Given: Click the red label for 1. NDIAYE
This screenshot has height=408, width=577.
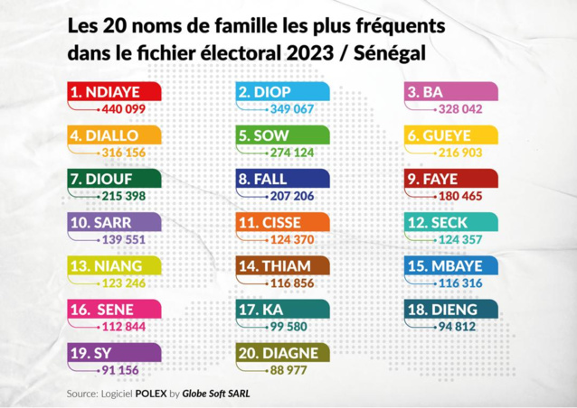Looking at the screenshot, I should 114,91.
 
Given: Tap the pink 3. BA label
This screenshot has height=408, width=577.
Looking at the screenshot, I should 450,91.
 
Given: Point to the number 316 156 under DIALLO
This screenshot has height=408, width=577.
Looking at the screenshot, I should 122,153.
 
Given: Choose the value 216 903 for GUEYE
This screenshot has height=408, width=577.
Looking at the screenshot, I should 459,153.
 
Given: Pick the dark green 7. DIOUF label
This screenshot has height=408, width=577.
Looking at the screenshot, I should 114,179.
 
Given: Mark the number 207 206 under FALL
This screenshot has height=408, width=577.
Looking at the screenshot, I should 290,196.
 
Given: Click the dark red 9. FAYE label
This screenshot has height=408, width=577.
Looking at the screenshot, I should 450,179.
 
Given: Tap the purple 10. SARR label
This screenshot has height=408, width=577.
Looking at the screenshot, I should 114,222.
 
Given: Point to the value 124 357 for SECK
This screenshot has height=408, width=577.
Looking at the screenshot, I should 459,239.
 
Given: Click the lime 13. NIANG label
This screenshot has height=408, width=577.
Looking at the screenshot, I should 114,266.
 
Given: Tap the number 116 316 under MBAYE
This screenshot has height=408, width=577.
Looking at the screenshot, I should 459,283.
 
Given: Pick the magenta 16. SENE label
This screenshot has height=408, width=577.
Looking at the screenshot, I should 114,310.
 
